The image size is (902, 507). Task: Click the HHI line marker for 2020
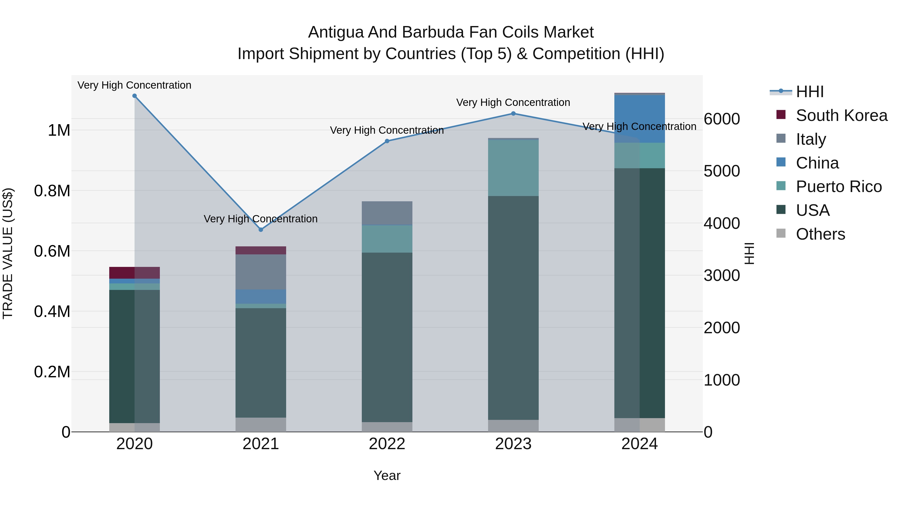coord(135,96)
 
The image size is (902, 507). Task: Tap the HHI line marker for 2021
coord(261,230)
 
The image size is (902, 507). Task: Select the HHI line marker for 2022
coord(387,141)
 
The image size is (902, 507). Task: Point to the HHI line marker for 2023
coord(513,113)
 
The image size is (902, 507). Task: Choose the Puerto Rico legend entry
coord(839,187)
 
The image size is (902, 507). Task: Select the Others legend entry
coord(820,234)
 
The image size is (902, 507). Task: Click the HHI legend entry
coord(810,92)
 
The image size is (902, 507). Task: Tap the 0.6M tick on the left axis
coord(52,251)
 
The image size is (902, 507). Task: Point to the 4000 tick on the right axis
coord(722,223)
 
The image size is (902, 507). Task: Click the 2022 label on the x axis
coord(387,444)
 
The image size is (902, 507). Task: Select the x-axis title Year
coord(387,475)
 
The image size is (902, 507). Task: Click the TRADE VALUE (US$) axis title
coord(8,253)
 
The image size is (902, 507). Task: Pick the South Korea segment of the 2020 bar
coord(135,273)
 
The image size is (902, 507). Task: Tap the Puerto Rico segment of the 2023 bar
coord(513,168)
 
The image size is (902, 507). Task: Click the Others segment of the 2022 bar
coord(387,427)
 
